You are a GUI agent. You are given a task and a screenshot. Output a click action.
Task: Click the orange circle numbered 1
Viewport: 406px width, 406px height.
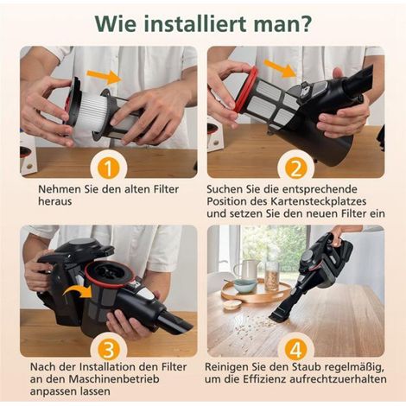click(x=109, y=168)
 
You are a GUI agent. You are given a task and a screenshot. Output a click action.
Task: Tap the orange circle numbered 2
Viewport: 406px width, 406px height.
click(x=295, y=168)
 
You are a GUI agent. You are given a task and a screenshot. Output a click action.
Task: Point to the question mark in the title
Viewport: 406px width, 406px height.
click(x=306, y=23)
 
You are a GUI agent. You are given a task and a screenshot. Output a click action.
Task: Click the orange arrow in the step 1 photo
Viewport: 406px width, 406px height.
click(x=103, y=76)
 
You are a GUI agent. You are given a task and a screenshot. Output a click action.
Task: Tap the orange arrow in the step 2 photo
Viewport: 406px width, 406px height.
click(x=280, y=68)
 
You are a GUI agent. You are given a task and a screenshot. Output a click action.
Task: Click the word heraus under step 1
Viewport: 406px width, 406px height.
click(x=55, y=201)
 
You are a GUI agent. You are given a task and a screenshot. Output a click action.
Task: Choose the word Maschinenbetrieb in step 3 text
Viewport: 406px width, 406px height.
click(x=113, y=379)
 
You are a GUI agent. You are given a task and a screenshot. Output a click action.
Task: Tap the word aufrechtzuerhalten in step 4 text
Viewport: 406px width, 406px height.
click(x=338, y=379)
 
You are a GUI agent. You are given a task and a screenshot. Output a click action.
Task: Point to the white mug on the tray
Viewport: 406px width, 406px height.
click(x=246, y=269)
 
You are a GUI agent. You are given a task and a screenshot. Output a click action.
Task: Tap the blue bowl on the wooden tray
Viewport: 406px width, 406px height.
click(x=244, y=285)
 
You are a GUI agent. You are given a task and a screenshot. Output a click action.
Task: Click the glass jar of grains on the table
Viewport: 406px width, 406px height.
click(x=272, y=274)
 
